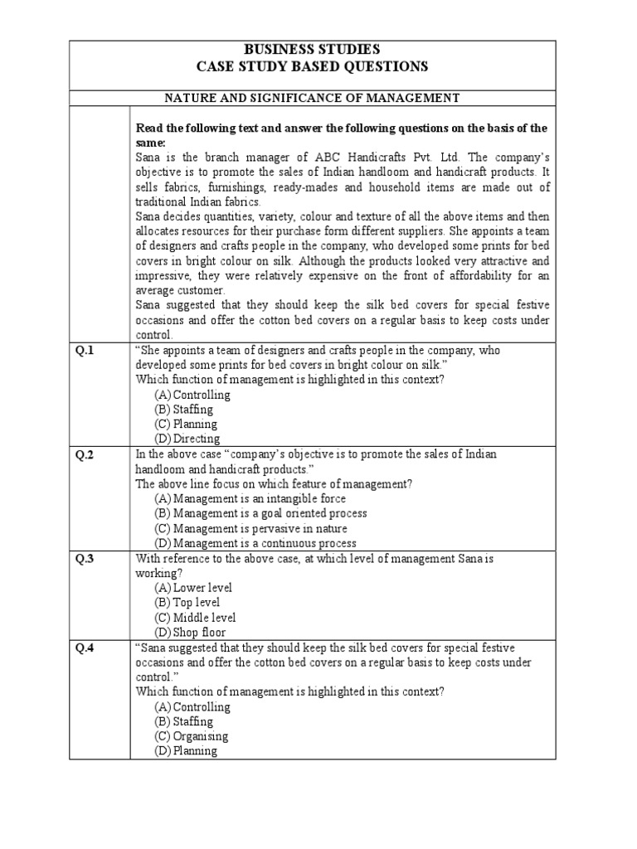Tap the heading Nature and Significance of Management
(312, 98)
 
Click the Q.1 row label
(85, 351)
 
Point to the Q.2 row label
(85, 455)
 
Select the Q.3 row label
(85, 559)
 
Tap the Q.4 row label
(85, 648)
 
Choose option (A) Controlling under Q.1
(192, 395)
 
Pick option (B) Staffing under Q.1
(183, 410)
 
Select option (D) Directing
(187, 439)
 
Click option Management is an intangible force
(250, 499)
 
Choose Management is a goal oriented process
(260, 514)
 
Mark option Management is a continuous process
(255, 544)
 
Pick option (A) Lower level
(192, 588)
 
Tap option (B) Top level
(187, 603)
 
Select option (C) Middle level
(195, 618)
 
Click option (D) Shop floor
(190, 633)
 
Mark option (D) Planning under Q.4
(186, 751)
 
